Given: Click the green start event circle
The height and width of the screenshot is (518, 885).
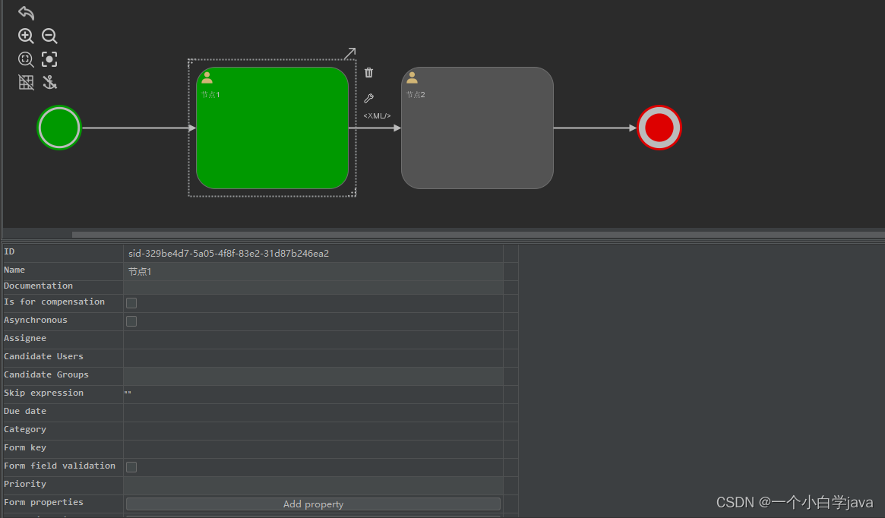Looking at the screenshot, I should tap(59, 128).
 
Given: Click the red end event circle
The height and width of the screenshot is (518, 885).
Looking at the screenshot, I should tap(659, 128).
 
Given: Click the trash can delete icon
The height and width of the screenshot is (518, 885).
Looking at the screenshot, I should tap(369, 73).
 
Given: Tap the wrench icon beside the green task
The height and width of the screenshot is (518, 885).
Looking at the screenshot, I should tap(369, 98).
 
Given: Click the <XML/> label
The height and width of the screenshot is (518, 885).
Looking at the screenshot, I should tap(377, 116).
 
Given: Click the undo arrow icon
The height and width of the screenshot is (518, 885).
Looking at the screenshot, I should tap(26, 13).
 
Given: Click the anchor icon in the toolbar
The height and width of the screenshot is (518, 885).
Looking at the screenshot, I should tap(49, 83).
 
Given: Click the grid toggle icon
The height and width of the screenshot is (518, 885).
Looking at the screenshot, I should tap(26, 83).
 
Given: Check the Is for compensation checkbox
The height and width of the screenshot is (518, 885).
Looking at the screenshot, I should tap(131, 303).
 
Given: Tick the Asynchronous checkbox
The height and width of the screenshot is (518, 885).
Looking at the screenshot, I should tap(131, 321).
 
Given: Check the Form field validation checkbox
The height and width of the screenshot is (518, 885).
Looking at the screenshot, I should tap(131, 467).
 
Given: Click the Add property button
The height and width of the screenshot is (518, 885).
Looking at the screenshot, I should tap(313, 504).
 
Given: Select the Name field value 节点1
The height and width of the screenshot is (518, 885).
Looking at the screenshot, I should tap(140, 272).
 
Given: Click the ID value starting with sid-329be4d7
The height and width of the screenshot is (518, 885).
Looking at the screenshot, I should tap(229, 254).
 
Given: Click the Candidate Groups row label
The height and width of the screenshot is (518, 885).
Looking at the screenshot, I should tap(46, 375).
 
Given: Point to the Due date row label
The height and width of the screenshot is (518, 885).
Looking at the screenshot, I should tap(25, 412).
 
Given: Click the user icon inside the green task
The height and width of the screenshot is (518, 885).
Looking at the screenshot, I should tap(207, 77).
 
